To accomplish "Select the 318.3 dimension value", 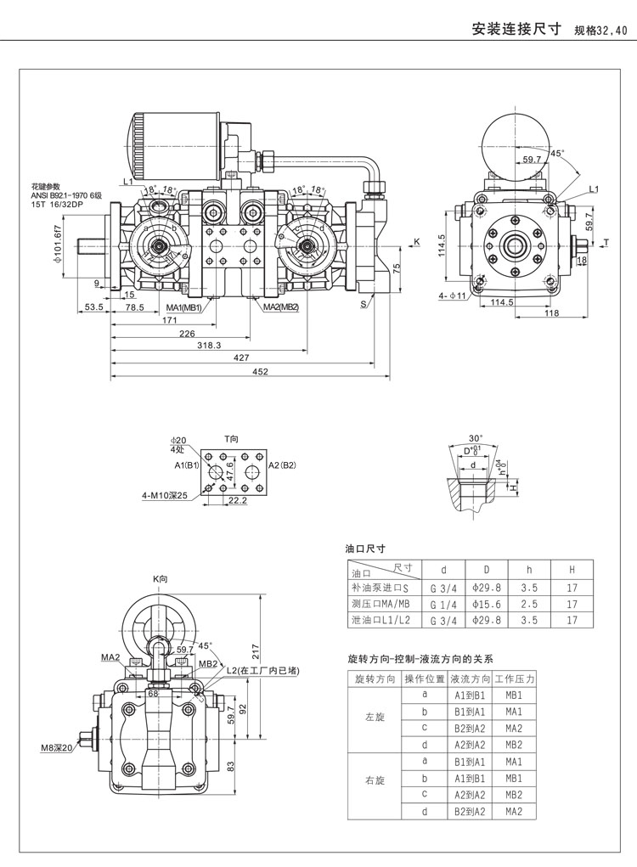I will (x=208, y=346).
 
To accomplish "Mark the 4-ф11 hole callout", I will (x=454, y=296).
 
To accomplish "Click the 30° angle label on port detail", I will (x=475, y=439).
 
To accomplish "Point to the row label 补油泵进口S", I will (x=380, y=588).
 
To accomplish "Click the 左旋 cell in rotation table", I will (x=375, y=718).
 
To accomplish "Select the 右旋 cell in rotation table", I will (x=375, y=780).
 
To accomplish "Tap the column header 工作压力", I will (x=514, y=679).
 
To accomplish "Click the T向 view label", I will (x=232, y=439).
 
